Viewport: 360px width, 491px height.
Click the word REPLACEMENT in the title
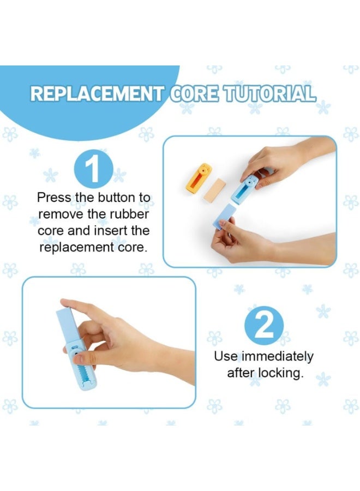[97, 93]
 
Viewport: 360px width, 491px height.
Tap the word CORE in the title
[194, 93]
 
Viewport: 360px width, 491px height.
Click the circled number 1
[94, 170]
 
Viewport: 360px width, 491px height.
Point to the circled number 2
[264, 326]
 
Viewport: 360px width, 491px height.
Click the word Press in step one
[54, 198]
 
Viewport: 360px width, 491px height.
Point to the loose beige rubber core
[214, 190]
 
